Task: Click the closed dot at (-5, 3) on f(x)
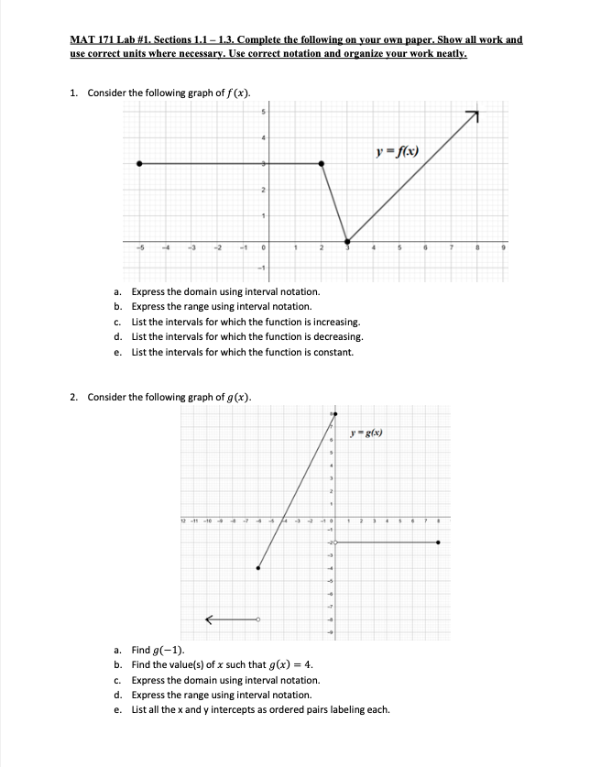point(139,163)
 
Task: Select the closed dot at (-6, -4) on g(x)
point(257,568)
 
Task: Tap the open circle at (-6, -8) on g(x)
point(257,619)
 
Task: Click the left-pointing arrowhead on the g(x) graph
point(209,619)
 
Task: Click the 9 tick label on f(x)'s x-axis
point(502,247)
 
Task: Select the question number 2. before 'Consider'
point(75,397)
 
